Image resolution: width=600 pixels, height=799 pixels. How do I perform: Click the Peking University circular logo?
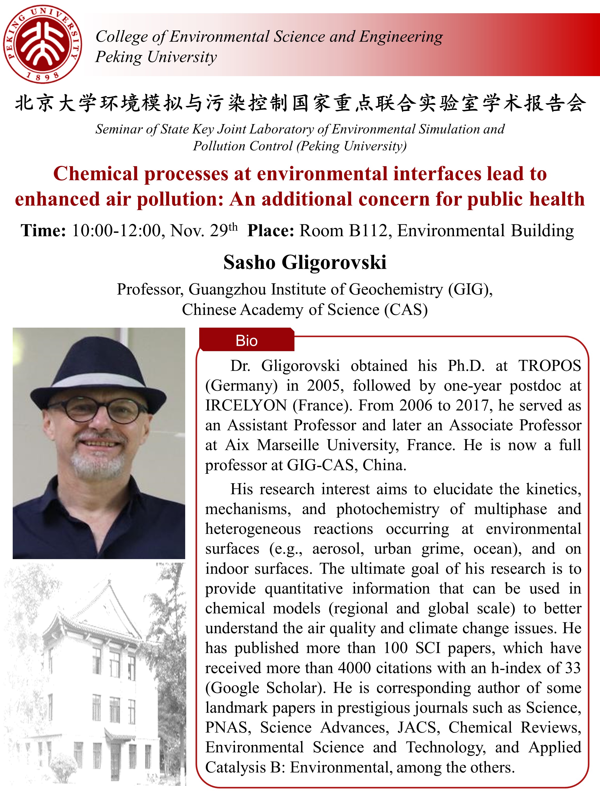pos(42,44)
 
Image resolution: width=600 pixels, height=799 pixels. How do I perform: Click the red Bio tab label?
pos(246,341)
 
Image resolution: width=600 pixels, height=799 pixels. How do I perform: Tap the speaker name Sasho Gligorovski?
pos(305,262)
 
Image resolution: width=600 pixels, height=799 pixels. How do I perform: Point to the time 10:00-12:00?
pos(116,231)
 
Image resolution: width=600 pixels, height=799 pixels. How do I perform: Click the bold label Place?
pos(271,231)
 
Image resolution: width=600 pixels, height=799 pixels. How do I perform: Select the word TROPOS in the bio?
pos(550,366)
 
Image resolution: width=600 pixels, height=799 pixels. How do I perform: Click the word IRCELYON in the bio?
pos(246,406)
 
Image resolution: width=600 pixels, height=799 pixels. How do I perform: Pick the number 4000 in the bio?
pos(354,668)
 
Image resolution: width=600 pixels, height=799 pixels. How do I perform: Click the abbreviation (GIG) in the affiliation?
pos(470,289)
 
